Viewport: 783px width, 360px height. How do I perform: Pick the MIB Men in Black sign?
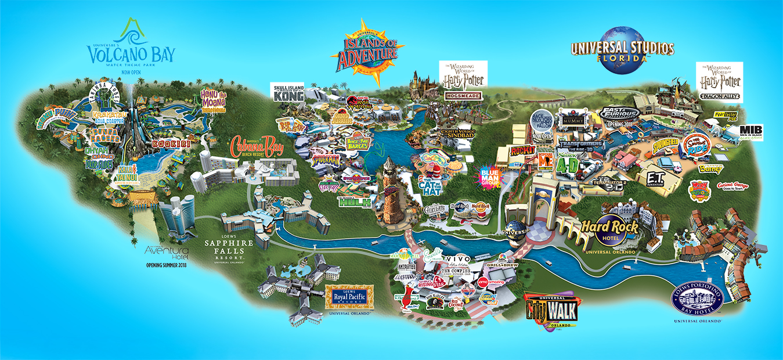point(751,133)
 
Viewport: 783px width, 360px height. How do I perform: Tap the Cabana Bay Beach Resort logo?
point(258,147)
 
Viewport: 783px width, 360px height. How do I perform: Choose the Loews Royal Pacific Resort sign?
point(347,298)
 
